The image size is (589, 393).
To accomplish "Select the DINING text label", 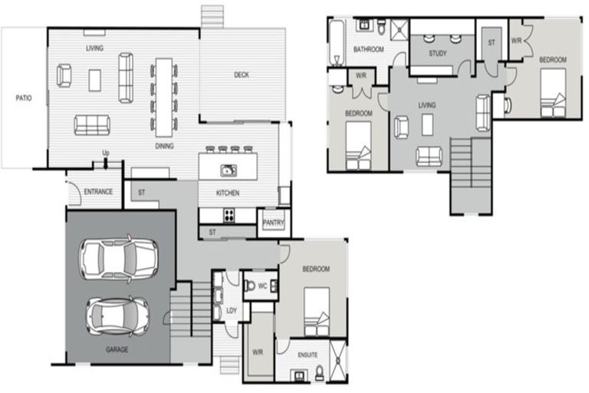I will pos(163,146).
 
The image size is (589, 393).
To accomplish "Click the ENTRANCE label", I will pos(98,191).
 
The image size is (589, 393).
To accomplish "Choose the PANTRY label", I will pos(273,223).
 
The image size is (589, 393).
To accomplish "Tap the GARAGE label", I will pos(117,349).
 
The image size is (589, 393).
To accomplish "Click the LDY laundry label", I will pos(232,310).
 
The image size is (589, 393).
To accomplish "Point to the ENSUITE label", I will pos(311,356).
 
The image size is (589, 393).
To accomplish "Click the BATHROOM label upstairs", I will pos(368,50).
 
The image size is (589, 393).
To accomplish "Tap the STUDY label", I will pos(438,54).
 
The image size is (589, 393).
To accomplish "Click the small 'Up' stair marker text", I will pos(106,154).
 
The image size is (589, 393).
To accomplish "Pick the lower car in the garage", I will pos(117,315).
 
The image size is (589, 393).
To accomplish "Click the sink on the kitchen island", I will pos(228,170).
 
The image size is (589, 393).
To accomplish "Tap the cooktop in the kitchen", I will pos(229,215).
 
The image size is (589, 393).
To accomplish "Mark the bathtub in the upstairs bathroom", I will pos(336,42).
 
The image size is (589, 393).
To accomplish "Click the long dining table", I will pos(163,94).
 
